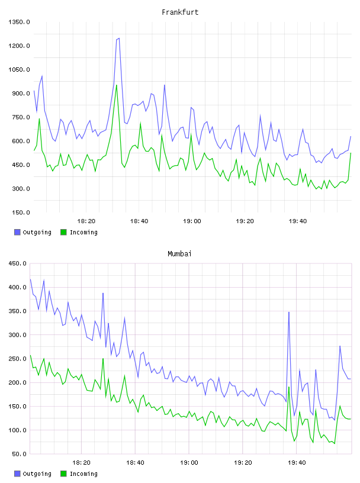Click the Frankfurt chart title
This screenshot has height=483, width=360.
click(x=180, y=12)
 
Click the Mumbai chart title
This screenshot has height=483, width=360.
click(x=179, y=253)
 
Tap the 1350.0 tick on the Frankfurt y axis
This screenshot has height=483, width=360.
click(x=19, y=22)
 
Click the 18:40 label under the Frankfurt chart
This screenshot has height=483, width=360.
click(x=139, y=221)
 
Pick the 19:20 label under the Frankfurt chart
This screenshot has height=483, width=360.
click(x=245, y=221)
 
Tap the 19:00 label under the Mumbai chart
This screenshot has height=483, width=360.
click(x=189, y=462)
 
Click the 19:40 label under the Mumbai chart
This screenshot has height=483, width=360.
click(x=297, y=462)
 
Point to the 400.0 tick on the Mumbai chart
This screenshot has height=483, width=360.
click(x=18, y=287)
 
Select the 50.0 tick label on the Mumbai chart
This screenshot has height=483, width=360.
click(x=19, y=454)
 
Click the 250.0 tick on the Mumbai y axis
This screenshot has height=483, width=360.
click(x=18, y=359)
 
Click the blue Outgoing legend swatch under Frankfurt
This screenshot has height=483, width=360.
click(x=17, y=232)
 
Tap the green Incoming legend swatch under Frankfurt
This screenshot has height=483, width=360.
click(x=63, y=232)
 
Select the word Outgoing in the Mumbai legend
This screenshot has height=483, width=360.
click(x=37, y=474)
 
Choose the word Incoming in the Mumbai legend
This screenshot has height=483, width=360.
click(x=83, y=474)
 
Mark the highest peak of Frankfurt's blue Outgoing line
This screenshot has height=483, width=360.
click(x=119, y=38)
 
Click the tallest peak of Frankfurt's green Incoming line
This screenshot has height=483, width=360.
click(x=116, y=85)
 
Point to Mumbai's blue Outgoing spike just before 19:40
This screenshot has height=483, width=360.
click(x=289, y=313)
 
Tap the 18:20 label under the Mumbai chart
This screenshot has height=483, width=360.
click(x=81, y=462)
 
